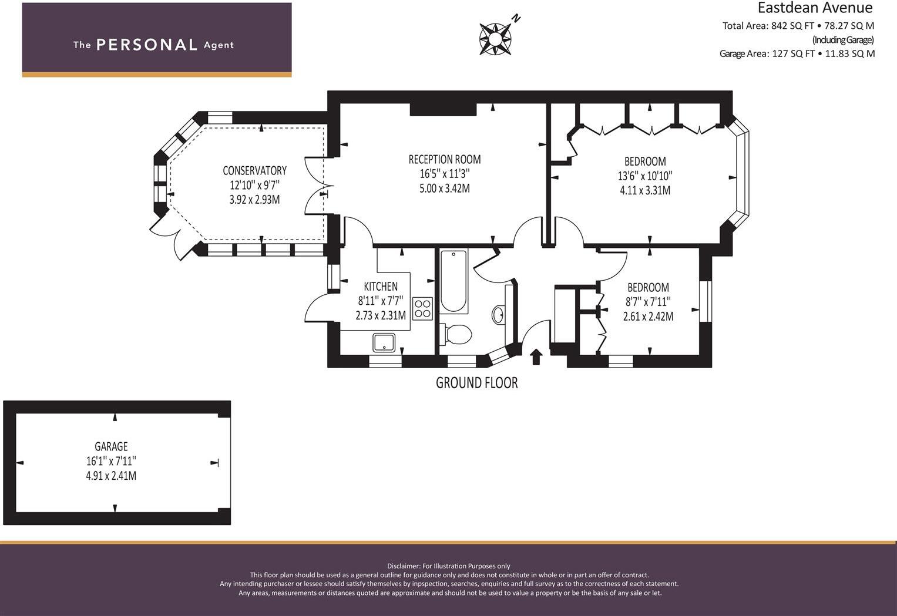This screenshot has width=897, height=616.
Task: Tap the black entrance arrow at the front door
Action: pyautogui.click(x=536, y=356)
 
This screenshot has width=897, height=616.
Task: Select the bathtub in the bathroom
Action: pyautogui.click(x=453, y=281)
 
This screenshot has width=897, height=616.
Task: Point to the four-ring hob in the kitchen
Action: pyautogui.click(x=422, y=308)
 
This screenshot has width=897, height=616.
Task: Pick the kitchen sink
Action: pyautogui.click(x=384, y=342)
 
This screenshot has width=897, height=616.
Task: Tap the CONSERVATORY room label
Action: pyautogui.click(x=254, y=171)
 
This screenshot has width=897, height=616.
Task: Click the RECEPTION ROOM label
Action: pyautogui.click(x=444, y=159)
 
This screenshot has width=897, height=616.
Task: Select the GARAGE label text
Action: pyautogui.click(x=111, y=447)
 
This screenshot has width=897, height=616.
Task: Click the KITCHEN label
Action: pyautogui.click(x=381, y=287)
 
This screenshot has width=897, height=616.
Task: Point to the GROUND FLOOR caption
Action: pyautogui.click(x=476, y=383)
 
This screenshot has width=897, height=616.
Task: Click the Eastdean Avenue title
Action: pyautogui.click(x=815, y=8)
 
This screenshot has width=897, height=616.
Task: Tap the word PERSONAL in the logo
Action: pyautogui.click(x=146, y=45)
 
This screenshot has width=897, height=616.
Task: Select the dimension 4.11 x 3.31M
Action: pyautogui.click(x=644, y=190)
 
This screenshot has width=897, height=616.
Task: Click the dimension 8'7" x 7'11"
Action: pyautogui.click(x=648, y=302)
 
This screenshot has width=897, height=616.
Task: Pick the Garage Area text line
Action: pyautogui.click(x=797, y=53)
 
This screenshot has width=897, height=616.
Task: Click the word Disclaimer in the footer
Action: pyautogui.click(x=403, y=566)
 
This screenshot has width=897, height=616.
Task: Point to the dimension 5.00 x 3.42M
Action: pyautogui.click(x=444, y=188)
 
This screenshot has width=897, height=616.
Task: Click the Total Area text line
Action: pyautogui.click(x=798, y=26)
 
